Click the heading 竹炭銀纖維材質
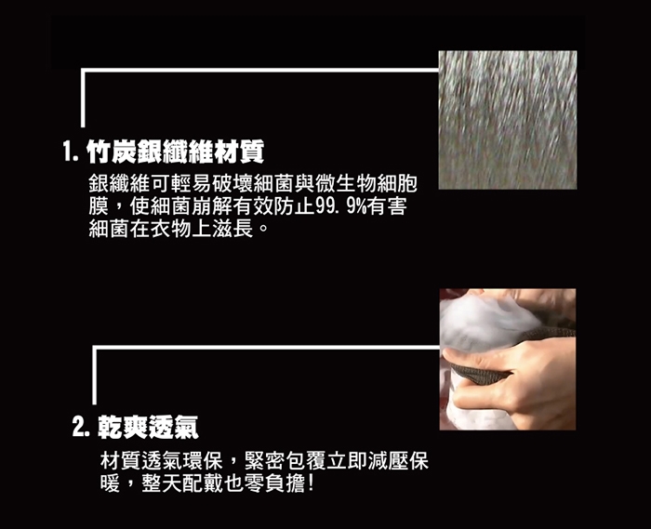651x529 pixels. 175,152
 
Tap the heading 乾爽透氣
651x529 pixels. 148,427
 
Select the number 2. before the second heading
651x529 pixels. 81,427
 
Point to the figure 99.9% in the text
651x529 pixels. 341,206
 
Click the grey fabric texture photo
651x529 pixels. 508,120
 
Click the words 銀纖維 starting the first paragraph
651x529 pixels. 119,184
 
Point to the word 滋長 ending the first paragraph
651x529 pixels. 232,229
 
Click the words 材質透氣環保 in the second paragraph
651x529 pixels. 162,460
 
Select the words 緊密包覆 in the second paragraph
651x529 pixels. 286,460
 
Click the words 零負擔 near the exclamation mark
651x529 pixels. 275,483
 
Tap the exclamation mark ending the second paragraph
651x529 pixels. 311,483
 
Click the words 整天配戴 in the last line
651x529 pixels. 182,483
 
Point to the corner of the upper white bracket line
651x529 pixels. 83,70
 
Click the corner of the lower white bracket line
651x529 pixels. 95,348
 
